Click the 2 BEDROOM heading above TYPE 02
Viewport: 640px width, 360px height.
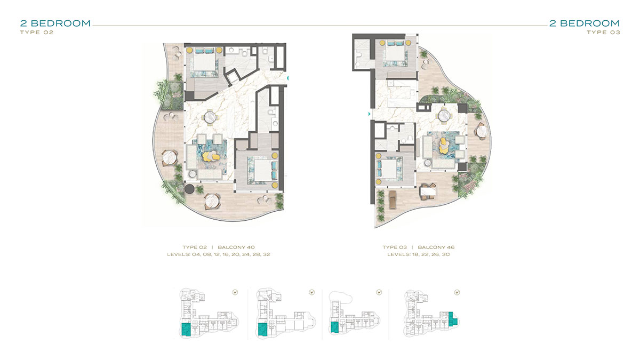click(55, 23)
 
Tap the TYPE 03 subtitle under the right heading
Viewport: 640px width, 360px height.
click(603, 33)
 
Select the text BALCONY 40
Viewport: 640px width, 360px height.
click(236, 247)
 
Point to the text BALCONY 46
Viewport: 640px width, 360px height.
click(436, 247)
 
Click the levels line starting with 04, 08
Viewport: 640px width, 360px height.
click(219, 254)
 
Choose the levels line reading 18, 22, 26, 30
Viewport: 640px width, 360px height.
click(418, 254)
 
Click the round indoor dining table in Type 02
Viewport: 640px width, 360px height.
click(210, 117)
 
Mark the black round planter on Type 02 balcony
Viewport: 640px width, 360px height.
click(189, 189)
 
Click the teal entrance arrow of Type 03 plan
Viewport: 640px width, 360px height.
click(369, 114)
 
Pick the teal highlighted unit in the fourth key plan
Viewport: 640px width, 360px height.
click(452, 319)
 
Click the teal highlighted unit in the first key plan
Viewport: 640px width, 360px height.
click(186, 330)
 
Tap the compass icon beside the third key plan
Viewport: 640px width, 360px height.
click(379, 292)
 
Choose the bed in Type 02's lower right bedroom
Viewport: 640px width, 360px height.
click(264, 170)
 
